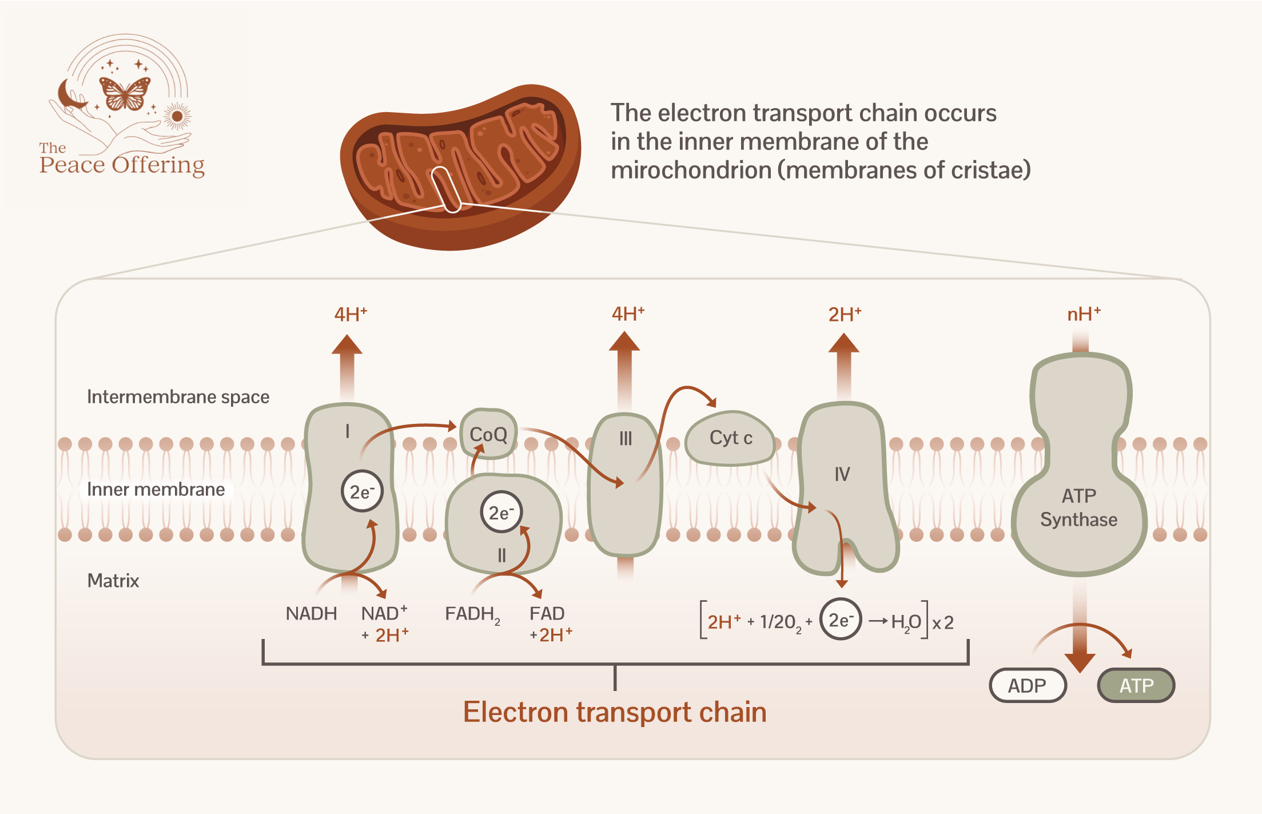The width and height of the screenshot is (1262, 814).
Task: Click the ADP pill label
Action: pyautogui.click(x=1027, y=685)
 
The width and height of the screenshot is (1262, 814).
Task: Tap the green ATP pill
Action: pyautogui.click(x=1136, y=685)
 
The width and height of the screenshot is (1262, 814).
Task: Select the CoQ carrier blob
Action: pyautogui.click(x=488, y=435)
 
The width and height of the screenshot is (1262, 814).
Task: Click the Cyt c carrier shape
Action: pyautogui.click(x=730, y=438)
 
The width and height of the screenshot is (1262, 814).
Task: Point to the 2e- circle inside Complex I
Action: pyautogui.click(x=361, y=491)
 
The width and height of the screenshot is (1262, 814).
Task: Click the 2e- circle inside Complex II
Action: pyautogui.click(x=501, y=513)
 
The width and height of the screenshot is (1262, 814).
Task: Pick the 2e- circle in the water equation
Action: pyautogui.click(x=840, y=620)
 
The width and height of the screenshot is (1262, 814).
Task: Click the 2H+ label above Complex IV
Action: pyautogui.click(x=845, y=314)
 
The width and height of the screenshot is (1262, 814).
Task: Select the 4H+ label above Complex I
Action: pyautogui.click(x=351, y=314)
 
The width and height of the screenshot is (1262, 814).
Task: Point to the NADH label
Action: pyautogui.click(x=311, y=614)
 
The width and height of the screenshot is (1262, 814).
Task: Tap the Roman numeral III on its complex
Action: pyautogui.click(x=626, y=439)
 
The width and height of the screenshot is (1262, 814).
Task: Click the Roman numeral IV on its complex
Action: pyautogui.click(x=842, y=474)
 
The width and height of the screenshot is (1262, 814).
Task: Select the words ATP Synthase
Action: pyautogui.click(x=1078, y=507)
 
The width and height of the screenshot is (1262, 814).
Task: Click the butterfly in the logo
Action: pyautogui.click(x=125, y=93)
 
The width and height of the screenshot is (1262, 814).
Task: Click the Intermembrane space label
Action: pyautogui.click(x=178, y=397)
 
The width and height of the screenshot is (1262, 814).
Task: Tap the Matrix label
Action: pyautogui.click(x=113, y=581)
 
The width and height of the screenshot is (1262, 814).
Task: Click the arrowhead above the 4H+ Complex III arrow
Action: pyautogui.click(x=624, y=342)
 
